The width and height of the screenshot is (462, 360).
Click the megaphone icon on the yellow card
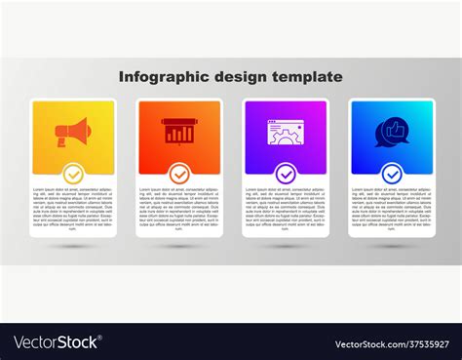[x=73, y=131]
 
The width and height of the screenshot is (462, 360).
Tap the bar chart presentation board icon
[x=179, y=131]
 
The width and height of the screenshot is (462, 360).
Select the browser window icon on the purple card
[x=286, y=131]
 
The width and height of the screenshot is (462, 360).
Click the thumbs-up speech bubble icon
[x=392, y=131]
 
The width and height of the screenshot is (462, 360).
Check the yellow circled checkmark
[x=73, y=174]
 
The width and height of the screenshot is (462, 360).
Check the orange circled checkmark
[x=179, y=174]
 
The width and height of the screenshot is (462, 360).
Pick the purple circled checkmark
[x=286, y=174]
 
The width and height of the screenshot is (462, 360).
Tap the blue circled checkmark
[x=392, y=174]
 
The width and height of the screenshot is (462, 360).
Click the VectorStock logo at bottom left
[x=56, y=342]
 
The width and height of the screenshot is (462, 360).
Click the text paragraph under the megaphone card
[x=73, y=210]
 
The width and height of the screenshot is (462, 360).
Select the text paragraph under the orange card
[x=179, y=210]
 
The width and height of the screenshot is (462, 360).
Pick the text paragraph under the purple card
[x=286, y=210]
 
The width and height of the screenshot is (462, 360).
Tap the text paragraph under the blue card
[x=392, y=210]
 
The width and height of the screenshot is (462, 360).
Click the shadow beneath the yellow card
[x=73, y=246]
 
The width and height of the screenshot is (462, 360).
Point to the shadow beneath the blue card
[x=392, y=246]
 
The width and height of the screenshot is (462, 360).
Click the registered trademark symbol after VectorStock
[x=102, y=338]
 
